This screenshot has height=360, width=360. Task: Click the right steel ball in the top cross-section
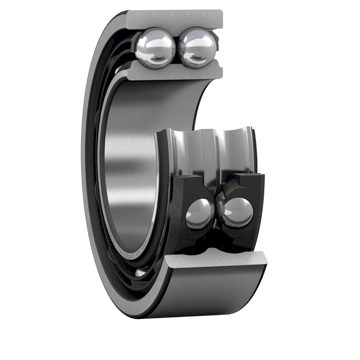pos(197,47)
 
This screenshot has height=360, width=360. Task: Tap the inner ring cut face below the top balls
pos(175,72)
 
